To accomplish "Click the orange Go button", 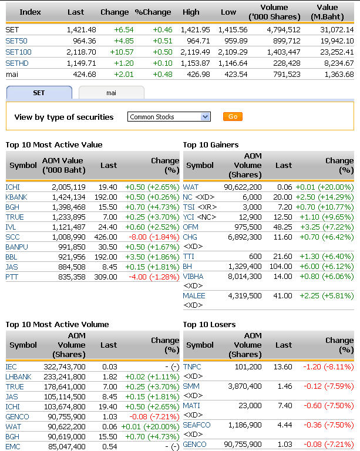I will (233, 117).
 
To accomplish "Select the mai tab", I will (111, 93).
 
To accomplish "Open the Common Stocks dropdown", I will (169, 117).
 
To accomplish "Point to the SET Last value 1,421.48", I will (76, 29).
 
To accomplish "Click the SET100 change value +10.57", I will (122, 52).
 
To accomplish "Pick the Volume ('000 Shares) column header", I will (274, 12).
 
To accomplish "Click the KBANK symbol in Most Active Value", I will (16, 197).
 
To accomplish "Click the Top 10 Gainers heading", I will (211, 145).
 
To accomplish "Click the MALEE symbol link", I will (194, 296).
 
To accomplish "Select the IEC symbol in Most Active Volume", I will (12, 366).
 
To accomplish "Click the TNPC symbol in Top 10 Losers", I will (192, 366).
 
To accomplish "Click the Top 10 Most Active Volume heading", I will (57, 325).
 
